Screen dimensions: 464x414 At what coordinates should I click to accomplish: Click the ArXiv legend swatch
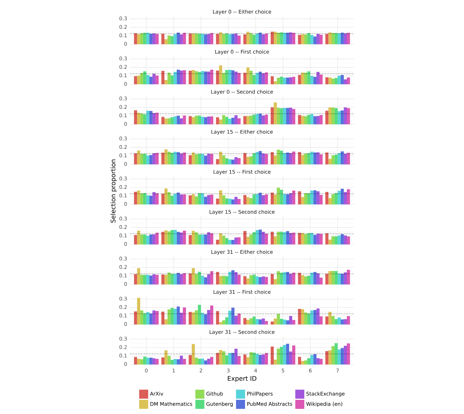(144, 394)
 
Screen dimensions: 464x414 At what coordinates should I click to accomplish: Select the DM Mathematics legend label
(171, 404)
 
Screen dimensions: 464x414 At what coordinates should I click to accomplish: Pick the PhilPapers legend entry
(254, 394)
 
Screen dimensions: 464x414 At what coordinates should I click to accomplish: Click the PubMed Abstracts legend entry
(264, 404)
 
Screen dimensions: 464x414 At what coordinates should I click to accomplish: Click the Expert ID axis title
(242, 379)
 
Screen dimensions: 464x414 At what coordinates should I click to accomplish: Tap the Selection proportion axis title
(113, 191)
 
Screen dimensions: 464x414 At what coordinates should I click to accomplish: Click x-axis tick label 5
(283, 371)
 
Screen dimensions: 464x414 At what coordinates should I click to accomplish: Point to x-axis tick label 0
(146, 371)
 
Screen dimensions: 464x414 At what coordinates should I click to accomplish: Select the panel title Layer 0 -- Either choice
(242, 12)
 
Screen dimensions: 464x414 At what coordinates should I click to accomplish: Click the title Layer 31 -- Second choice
(242, 332)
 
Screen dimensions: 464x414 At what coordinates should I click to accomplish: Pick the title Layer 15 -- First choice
(242, 172)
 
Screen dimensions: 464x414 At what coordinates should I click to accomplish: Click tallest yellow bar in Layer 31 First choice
(139, 311)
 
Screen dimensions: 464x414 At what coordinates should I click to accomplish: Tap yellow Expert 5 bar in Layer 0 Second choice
(275, 113)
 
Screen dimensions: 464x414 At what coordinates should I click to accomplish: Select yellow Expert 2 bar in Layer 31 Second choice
(193, 354)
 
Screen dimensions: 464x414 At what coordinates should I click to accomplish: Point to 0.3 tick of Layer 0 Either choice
(124, 19)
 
